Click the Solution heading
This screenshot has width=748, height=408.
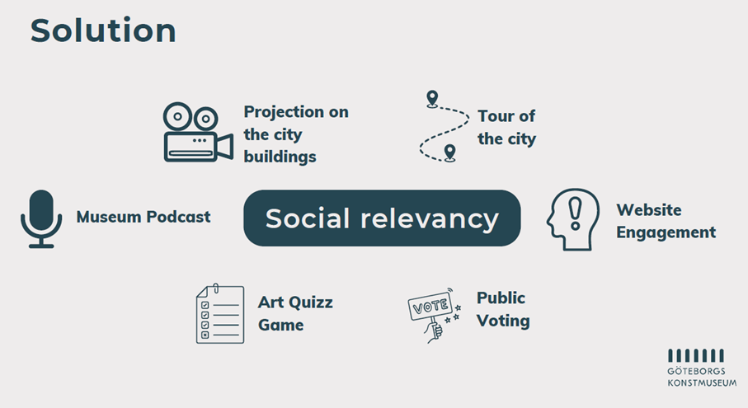click(103, 30)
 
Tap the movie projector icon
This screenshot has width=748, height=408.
click(198, 132)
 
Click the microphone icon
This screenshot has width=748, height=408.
click(41, 218)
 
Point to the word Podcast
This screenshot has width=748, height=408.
click(178, 217)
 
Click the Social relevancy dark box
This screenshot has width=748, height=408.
click(382, 218)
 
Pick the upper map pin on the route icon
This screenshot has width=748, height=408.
click(432, 99)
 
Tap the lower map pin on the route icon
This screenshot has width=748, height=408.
click(449, 153)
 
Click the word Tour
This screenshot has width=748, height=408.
click(496, 116)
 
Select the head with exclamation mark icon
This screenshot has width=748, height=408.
click(573, 219)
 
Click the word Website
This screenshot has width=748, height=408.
click(649, 209)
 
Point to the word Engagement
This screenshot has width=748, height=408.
click(666, 232)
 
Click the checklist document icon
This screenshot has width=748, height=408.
click(220, 314)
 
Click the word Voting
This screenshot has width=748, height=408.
click(503, 321)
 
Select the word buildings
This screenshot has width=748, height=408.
click(280, 157)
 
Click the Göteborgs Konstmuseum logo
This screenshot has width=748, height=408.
click(702, 368)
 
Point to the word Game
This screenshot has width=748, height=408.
click(281, 325)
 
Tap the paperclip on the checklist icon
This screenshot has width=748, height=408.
click(216, 288)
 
